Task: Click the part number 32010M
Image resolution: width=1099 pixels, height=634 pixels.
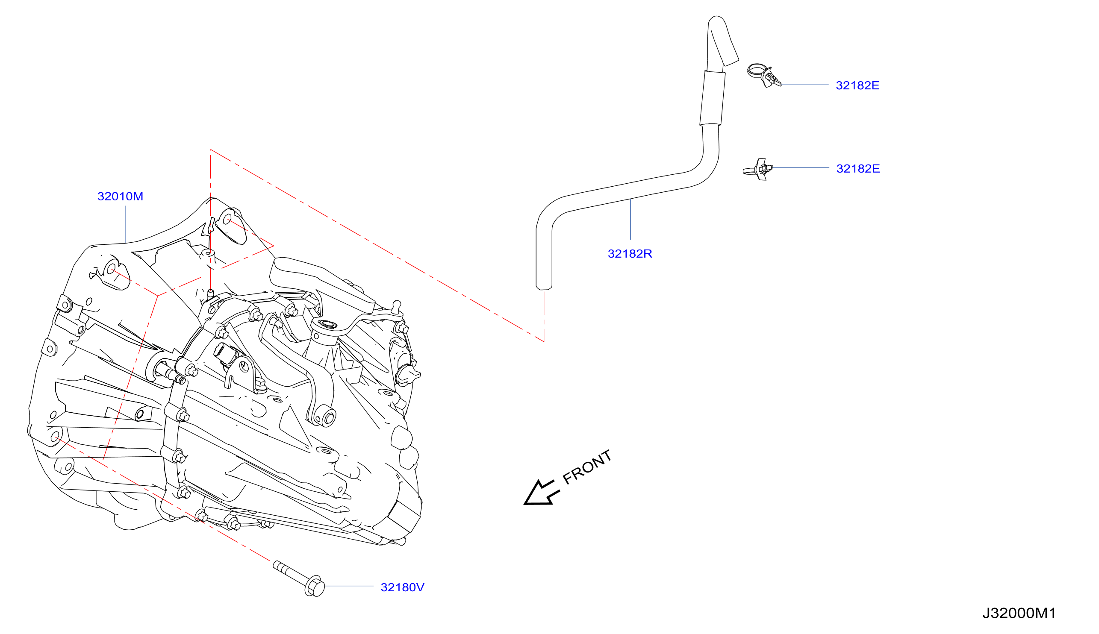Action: pyautogui.click(x=120, y=197)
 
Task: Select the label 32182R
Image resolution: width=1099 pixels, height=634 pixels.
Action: pyautogui.click(x=630, y=254)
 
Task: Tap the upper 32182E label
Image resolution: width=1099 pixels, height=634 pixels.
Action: pyautogui.click(x=857, y=85)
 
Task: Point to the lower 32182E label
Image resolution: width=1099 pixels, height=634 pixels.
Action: pyautogui.click(x=858, y=168)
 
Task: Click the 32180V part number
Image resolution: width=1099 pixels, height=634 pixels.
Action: pyautogui.click(x=402, y=587)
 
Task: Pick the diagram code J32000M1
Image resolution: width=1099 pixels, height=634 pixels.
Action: pyautogui.click(x=1019, y=613)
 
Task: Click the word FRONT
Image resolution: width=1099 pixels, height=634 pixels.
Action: pyautogui.click(x=587, y=467)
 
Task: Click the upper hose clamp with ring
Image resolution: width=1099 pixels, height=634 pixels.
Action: pyautogui.click(x=763, y=75)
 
